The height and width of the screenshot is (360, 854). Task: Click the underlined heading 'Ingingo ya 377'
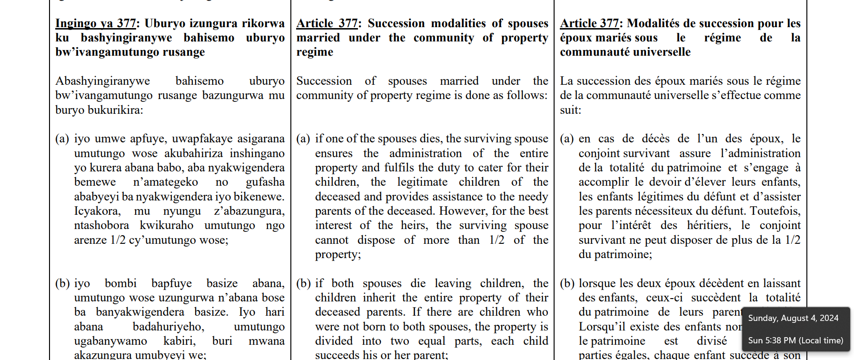[x=96, y=23]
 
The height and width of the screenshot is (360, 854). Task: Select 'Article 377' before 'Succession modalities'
[x=327, y=23]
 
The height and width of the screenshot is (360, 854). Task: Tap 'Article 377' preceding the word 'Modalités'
[x=589, y=23]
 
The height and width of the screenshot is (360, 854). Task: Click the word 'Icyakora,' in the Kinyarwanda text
[x=97, y=211]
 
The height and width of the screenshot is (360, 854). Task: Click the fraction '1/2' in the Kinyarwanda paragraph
[x=118, y=240]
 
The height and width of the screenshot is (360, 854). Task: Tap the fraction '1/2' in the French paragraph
[x=793, y=240]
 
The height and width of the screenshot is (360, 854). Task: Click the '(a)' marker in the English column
[x=303, y=139]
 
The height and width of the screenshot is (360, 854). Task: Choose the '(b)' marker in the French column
[x=567, y=283]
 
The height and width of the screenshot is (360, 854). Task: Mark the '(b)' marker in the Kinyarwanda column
[x=62, y=283]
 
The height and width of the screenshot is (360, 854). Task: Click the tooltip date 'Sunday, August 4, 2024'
[x=793, y=318]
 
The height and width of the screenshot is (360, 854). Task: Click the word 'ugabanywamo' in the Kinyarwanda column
[x=110, y=341]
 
